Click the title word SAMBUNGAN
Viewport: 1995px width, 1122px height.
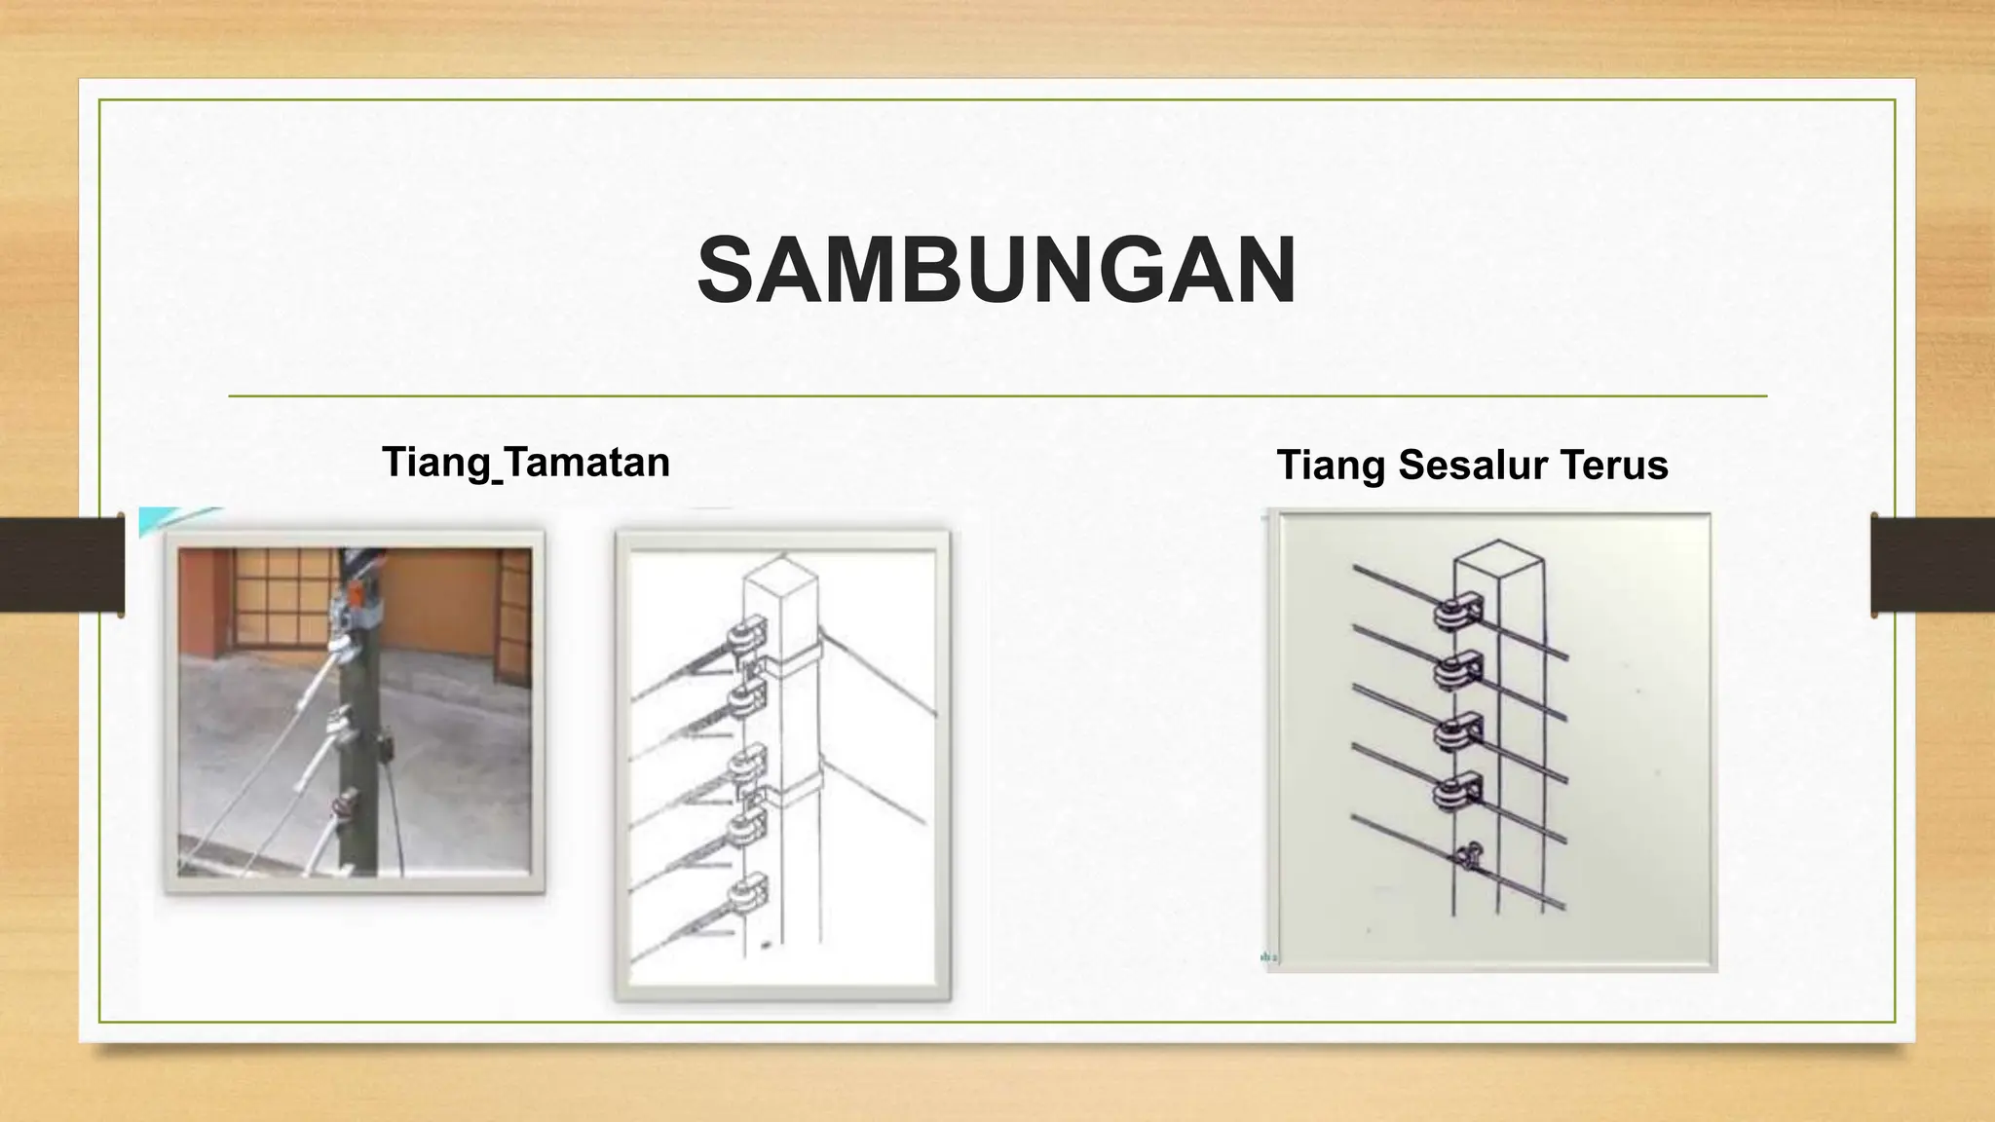(997, 271)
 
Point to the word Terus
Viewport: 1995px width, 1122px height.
(1615, 465)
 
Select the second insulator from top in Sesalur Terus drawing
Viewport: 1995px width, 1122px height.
(1454, 671)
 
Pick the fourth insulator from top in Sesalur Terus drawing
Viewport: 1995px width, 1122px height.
(1454, 792)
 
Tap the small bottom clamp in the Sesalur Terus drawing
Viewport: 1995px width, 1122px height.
(1470, 856)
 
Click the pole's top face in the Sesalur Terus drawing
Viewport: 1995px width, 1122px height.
(1498, 558)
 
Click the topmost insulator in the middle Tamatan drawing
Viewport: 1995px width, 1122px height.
(746, 637)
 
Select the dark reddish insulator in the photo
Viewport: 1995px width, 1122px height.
(344, 804)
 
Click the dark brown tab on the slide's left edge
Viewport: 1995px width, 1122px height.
(61, 565)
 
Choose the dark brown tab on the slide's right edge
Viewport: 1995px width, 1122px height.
(1933, 565)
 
